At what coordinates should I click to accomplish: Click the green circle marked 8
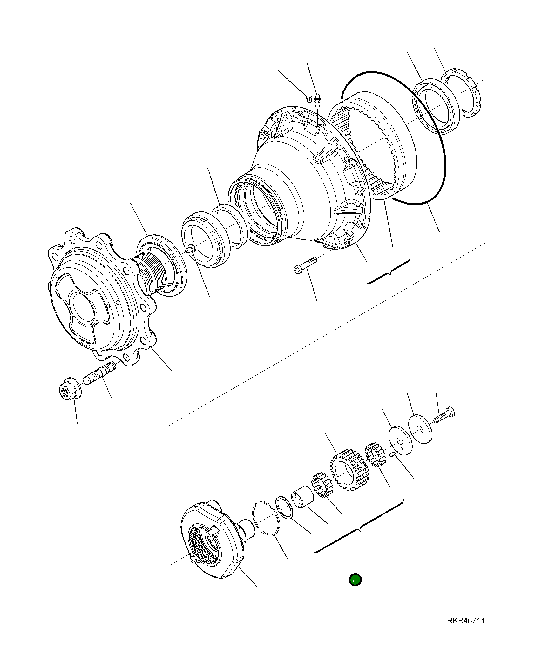tap(355, 580)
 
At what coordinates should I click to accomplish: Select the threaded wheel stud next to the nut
tap(99, 374)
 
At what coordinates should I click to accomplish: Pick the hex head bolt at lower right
tap(444, 416)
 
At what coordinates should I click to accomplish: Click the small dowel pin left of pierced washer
tap(392, 454)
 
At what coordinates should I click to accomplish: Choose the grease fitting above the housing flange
tap(317, 101)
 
